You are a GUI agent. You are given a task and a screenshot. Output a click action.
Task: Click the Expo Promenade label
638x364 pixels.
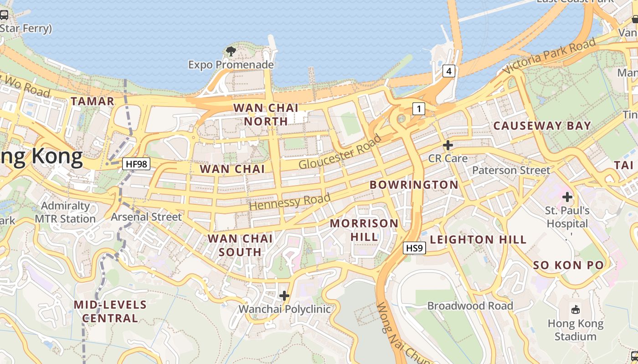coord(231,65)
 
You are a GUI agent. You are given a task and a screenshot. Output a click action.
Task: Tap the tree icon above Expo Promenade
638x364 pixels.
coord(231,51)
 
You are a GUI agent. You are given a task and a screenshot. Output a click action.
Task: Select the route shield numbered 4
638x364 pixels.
coord(449,71)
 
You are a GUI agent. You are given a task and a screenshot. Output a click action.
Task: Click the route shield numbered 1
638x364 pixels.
coord(418,109)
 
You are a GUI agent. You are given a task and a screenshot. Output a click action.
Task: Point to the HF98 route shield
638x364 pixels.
coord(136,164)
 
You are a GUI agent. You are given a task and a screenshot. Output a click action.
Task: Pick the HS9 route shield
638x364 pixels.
coord(415,248)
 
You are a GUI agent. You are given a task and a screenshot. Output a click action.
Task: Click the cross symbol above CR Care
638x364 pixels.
coord(448,145)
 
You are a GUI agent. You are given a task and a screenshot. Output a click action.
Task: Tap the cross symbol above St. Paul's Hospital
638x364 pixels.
coord(567,197)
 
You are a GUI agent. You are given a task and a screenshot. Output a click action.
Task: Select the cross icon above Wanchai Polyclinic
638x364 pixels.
coord(284,296)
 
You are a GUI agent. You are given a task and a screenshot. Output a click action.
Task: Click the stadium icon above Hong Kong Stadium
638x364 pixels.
coord(576,310)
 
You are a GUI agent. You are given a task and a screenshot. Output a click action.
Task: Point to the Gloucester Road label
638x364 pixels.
coord(340,152)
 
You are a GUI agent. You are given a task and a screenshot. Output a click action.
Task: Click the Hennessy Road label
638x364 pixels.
coord(290,202)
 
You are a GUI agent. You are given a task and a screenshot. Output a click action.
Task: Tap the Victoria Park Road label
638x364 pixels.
coord(549,56)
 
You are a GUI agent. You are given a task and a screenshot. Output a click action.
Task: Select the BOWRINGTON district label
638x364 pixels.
coord(414,185)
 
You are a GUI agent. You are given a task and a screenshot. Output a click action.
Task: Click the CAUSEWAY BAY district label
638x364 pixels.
coord(542,126)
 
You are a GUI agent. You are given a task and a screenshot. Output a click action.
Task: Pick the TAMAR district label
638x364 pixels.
coord(93,101)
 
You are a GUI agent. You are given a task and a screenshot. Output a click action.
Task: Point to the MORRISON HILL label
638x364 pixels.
coord(364,230)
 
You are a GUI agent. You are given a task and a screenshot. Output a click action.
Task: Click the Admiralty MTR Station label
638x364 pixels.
coord(66,212)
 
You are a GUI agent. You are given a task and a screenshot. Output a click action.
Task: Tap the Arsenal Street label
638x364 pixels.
coord(146,217)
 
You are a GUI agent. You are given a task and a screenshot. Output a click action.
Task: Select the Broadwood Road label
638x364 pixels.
coord(470,306)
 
